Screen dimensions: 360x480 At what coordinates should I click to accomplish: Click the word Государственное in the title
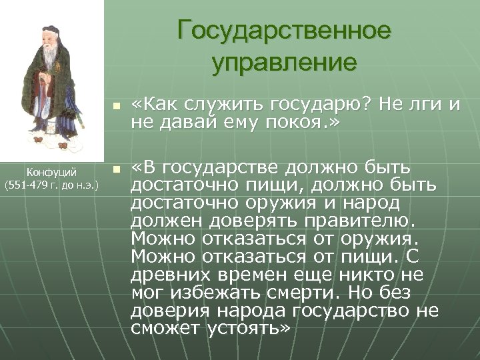point(285,31)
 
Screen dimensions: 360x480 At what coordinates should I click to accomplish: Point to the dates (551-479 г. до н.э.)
point(52,184)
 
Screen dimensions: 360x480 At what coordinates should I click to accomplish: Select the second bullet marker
point(116,169)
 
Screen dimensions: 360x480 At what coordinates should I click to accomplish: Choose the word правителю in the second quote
point(368,221)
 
